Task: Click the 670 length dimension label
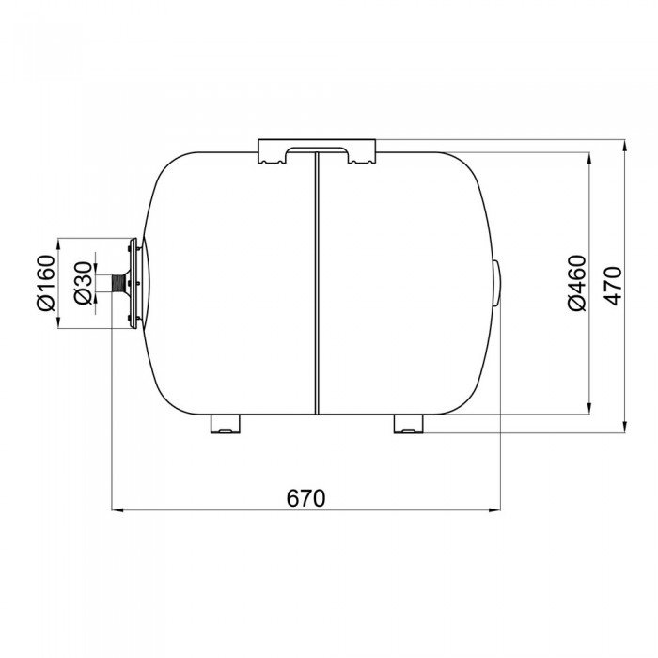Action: coord(305,498)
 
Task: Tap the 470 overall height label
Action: coord(614,286)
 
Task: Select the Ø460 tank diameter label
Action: coord(577,283)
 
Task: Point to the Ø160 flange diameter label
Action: coord(46,283)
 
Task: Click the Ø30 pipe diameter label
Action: coord(83,283)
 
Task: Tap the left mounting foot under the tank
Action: coord(226,424)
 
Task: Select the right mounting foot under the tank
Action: coord(409,424)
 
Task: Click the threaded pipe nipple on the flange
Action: coord(119,283)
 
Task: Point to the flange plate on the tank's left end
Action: coord(133,283)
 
